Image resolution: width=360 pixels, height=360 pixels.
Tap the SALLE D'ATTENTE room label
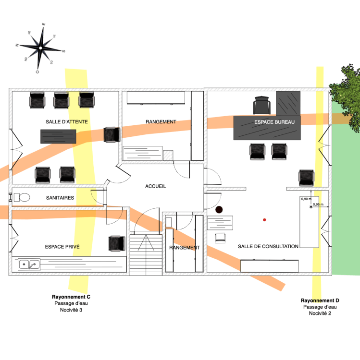67,122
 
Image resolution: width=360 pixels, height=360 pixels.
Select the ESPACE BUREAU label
274,122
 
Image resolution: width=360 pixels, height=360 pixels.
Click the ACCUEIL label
155,186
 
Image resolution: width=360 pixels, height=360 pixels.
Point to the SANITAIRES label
60,198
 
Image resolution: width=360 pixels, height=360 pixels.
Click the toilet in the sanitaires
21,197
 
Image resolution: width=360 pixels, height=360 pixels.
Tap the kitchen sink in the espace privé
28,264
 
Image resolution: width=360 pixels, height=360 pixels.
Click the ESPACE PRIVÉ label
62,247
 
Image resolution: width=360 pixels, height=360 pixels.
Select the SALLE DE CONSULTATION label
268,246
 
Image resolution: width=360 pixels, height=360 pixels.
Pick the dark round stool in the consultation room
219,210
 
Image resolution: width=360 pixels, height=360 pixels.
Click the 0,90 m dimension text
306,198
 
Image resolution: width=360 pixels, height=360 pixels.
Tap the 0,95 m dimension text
318,204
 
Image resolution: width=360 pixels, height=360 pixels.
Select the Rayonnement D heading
320,300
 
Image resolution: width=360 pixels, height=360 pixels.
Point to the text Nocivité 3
71,310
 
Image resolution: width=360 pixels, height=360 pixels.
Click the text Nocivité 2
320,313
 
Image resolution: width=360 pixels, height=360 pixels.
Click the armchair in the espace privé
117,243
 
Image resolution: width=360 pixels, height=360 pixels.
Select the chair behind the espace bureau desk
261,105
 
